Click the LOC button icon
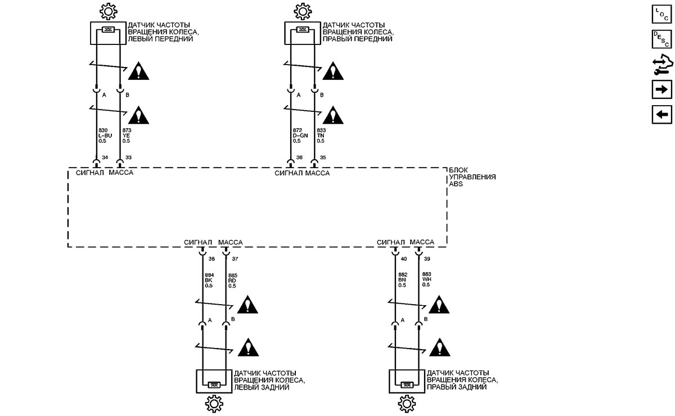[x=661, y=14]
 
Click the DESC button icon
[x=661, y=39]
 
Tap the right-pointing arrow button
[x=661, y=89]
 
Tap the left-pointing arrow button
[x=661, y=115]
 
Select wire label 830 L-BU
[x=105, y=135]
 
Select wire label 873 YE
[x=127, y=135]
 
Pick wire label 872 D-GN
[x=300, y=135]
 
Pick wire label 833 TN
[x=321, y=135]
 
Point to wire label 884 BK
[x=209, y=281]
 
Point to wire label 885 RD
[x=233, y=281]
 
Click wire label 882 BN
[x=403, y=279]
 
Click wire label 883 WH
[x=427, y=279]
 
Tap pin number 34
[x=105, y=157]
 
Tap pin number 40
[x=404, y=259]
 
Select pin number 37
[x=235, y=259]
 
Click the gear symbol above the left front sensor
[x=108, y=11]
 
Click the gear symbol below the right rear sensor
[x=407, y=404]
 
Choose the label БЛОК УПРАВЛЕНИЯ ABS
[x=472, y=177]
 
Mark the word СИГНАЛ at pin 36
[x=289, y=173]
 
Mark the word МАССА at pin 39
[x=422, y=242]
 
